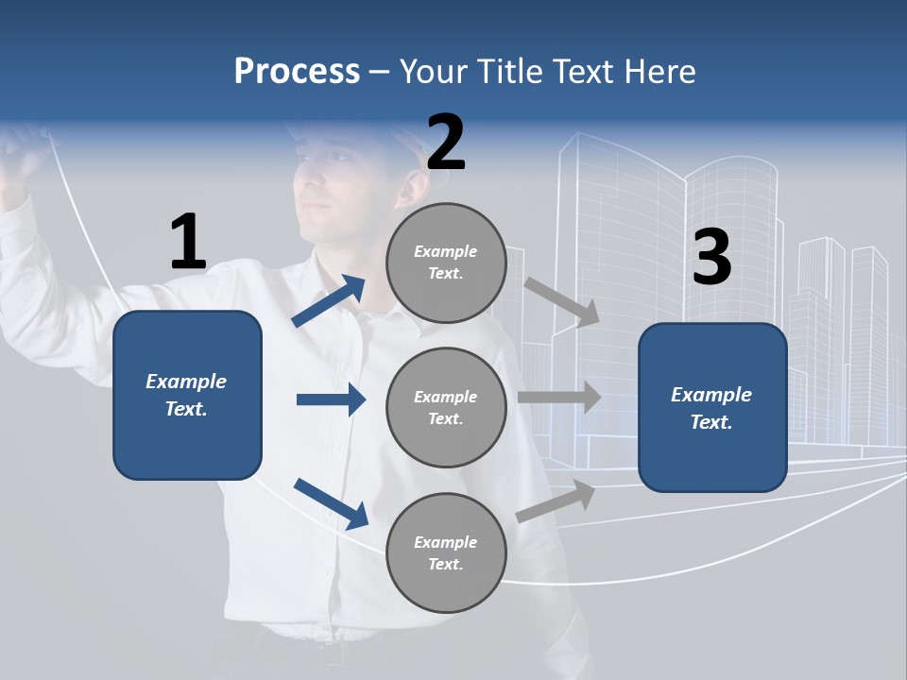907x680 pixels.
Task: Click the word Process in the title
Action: pos(297,72)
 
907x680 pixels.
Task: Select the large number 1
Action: pos(188,243)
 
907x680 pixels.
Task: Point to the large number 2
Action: pos(446,143)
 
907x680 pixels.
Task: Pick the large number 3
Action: pos(711,258)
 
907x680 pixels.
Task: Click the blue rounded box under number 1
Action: pos(187,395)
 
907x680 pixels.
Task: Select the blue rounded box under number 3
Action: pos(712,408)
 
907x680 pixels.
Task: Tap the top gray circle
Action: pos(446,263)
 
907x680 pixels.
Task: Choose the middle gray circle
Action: pos(446,408)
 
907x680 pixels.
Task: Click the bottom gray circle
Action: pos(446,553)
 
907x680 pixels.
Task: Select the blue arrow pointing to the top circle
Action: pos(329,301)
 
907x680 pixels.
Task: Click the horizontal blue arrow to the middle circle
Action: pos(331,399)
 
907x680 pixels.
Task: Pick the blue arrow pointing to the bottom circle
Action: pos(331,502)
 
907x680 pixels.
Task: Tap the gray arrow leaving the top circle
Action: pos(561,301)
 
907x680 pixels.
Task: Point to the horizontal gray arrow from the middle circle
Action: pos(559,398)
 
